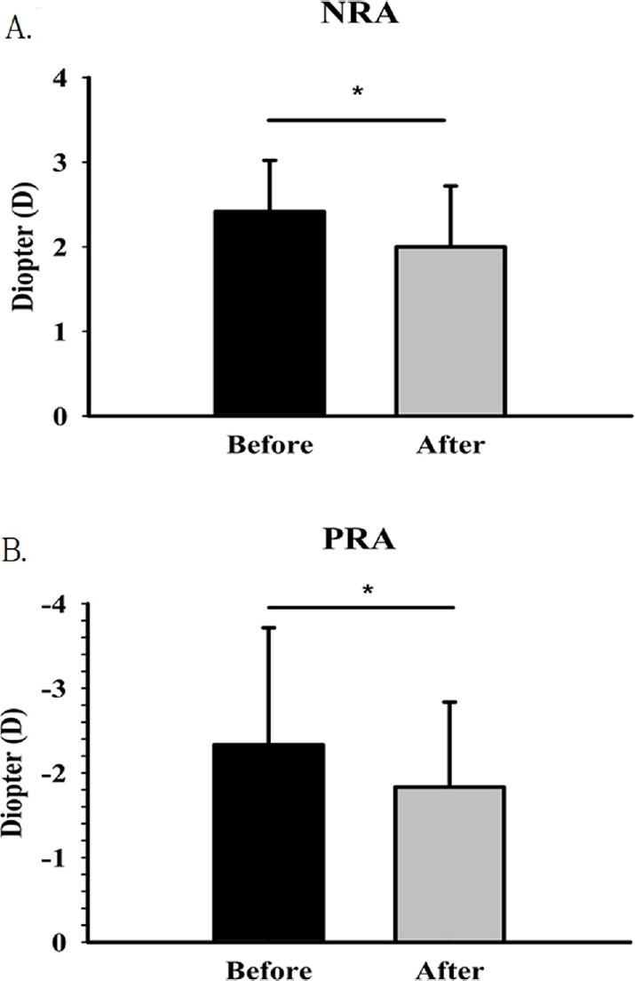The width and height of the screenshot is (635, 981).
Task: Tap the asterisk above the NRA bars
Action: [x=356, y=92]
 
